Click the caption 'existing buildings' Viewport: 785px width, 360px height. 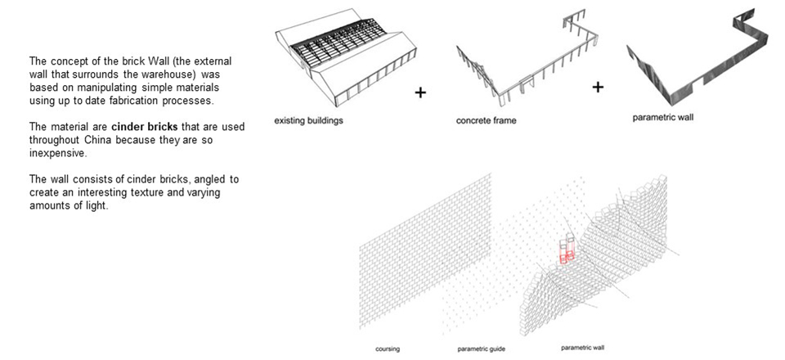307,120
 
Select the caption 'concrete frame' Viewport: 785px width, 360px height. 487,121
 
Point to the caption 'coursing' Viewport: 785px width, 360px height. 387,349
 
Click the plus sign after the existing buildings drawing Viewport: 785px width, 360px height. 420,92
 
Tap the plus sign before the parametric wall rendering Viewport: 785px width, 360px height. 598,87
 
